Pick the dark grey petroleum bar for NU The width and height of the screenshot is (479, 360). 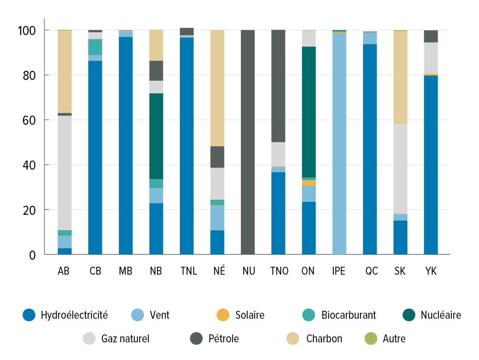(x=248, y=142)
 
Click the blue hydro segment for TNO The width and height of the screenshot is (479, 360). (x=278, y=213)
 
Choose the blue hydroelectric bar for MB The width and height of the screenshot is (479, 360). (x=126, y=146)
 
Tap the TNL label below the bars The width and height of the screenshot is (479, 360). (x=187, y=271)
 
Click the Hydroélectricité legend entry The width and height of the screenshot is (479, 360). (x=74, y=315)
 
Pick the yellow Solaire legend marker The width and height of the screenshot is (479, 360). (x=222, y=315)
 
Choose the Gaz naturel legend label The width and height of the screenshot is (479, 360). (x=125, y=338)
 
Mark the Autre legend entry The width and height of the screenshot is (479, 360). (x=394, y=338)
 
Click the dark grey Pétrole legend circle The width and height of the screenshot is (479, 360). (x=196, y=338)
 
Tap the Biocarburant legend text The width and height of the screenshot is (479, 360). (x=348, y=315)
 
